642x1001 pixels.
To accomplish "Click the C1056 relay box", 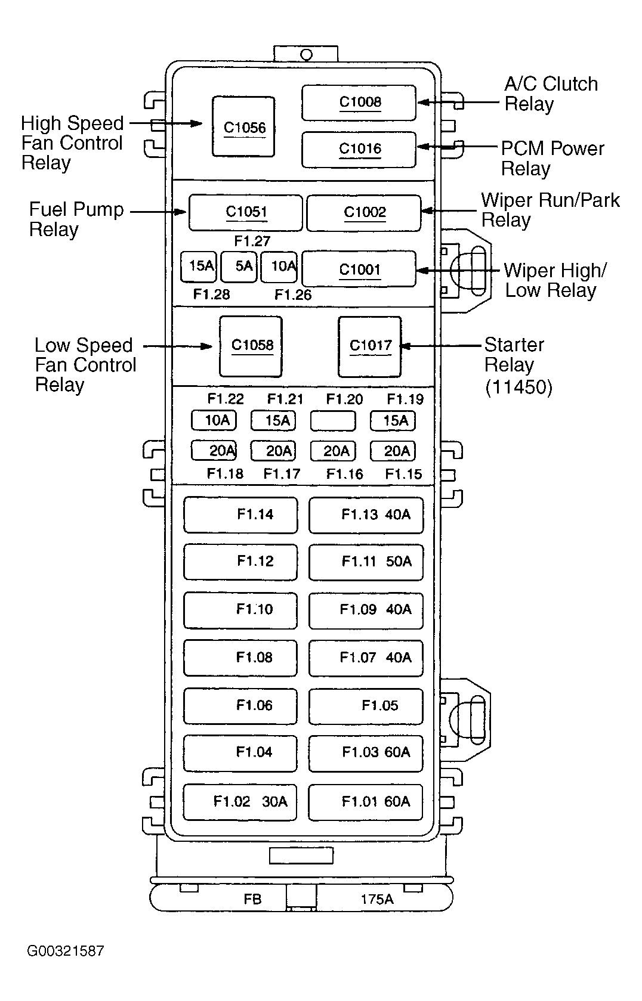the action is (x=243, y=127).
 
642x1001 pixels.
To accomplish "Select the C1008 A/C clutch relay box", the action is (x=359, y=102).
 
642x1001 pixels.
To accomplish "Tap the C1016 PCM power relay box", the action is (x=359, y=149).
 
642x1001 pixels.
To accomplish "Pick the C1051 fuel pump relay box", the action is (x=245, y=212).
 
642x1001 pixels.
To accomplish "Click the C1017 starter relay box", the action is (x=369, y=346).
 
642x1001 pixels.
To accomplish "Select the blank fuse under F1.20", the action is (x=333, y=421).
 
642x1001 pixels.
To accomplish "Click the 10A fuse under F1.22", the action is (x=214, y=420).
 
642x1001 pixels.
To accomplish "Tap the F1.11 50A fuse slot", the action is (x=366, y=562).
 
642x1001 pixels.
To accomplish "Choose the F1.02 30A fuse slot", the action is (x=240, y=802).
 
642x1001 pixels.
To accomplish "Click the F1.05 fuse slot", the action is (x=366, y=706).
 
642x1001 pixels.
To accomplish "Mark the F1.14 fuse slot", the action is (x=240, y=515).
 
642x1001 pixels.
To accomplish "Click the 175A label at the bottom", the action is (x=376, y=899).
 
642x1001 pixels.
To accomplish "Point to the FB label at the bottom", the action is (x=252, y=899).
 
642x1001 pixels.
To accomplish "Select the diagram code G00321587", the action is (x=65, y=950).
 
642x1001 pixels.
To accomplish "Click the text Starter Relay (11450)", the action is (x=517, y=365).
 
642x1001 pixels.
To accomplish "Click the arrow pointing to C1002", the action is (x=447, y=210).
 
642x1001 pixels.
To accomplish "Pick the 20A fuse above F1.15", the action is (x=393, y=451).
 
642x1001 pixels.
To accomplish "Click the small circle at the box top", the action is (x=306, y=55).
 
